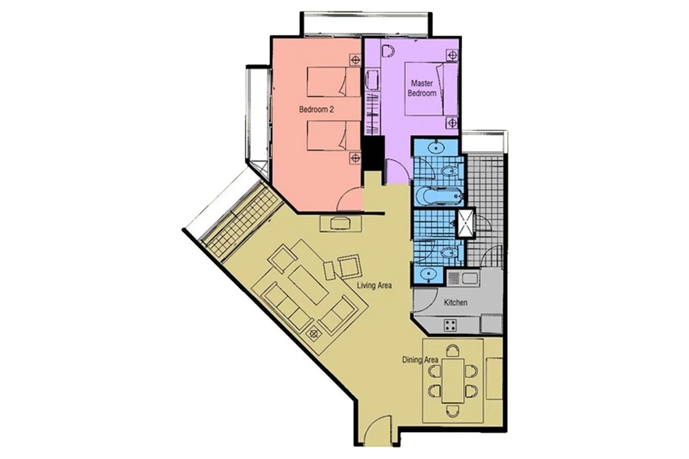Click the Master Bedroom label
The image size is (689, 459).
click(422, 88)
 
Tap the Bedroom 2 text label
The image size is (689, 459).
click(316, 109)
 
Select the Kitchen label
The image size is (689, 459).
click(456, 302)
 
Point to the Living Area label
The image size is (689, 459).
click(374, 285)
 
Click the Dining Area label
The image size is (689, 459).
click(420, 359)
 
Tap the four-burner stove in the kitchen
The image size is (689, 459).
click(450, 325)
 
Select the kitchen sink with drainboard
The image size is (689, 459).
click(463, 279)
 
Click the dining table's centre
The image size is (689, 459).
click(453, 381)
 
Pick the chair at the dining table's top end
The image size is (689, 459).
click(453, 351)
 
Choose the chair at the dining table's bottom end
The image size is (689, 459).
click(453, 411)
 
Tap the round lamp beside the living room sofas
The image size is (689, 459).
click(314, 334)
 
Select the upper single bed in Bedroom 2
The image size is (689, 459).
click(334, 83)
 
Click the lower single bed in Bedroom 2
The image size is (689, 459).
click(334, 135)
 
